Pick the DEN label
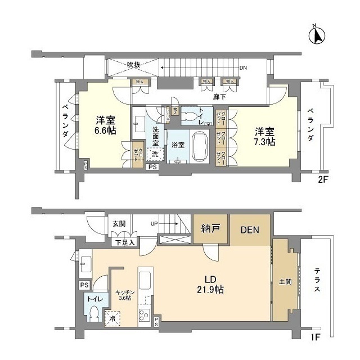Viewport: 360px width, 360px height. pyautogui.click(x=250, y=229)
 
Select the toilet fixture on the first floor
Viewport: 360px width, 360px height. pyautogui.click(x=94, y=312)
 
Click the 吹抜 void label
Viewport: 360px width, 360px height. pyautogui.click(x=133, y=65)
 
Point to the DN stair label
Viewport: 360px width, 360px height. pyautogui.click(x=243, y=68)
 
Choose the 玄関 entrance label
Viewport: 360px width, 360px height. pyautogui.click(x=119, y=224)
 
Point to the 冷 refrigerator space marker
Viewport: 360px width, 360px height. pyautogui.click(x=112, y=319)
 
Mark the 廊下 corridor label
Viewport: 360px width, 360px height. pyautogui.click(x=219, y=97)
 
